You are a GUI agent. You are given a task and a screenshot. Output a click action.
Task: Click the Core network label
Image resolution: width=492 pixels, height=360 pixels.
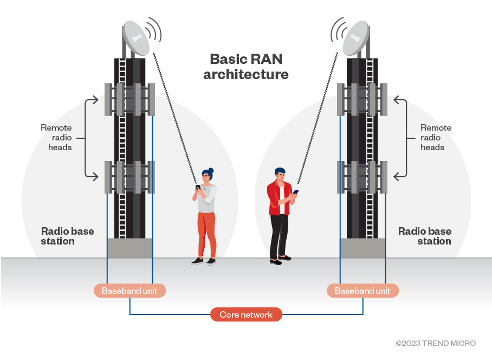(x=246, y=314)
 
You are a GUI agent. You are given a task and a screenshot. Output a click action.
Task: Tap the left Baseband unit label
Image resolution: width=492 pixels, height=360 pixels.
(x=130, y=291)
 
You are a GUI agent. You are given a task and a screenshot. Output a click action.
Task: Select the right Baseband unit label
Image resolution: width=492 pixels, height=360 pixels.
(x=362, y=291)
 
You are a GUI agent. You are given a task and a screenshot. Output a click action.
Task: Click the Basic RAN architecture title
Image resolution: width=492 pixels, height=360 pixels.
(x=246, y=67)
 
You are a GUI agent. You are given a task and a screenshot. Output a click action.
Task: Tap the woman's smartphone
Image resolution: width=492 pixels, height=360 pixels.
(x=198, y=188)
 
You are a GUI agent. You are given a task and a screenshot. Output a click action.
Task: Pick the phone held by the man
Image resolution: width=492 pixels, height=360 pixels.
(x=295, y=191)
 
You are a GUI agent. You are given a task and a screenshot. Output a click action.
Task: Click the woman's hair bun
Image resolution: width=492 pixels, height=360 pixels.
(x=211, y=170)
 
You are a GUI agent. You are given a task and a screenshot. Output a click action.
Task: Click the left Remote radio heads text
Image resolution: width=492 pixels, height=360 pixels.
(x=56, y=137)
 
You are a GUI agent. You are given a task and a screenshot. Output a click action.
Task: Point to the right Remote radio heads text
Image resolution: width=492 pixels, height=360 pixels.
(x=436, y=137)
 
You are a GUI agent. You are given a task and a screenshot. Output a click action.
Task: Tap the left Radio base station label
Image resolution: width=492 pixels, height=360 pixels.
(x=67, y=236)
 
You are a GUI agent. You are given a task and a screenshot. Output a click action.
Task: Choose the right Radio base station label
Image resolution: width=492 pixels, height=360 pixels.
(x=425, y=236)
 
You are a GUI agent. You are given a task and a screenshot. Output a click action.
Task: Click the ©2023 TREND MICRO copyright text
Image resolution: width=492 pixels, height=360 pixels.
(x=436, y=343)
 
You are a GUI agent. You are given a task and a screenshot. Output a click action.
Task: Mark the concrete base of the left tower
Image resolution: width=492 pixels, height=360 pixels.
(x=130, y=248)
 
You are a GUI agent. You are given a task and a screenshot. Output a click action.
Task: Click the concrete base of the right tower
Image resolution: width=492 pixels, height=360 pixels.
(x=362, y=248)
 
